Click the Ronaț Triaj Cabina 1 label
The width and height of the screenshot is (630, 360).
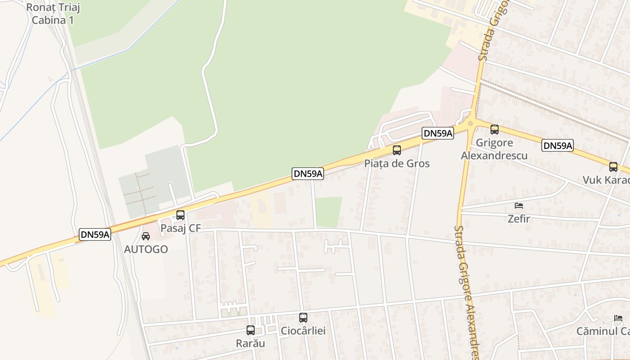[x=50, y=13]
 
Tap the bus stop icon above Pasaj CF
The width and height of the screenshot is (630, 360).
[x=180, y=215]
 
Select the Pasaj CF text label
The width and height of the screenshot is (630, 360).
[x=180, y=228]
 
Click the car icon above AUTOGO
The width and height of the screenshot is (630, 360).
[x=146, y=236]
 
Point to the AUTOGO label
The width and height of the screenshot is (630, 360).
[x=146, y=249]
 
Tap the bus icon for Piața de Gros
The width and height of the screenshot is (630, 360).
[x=397, y=150]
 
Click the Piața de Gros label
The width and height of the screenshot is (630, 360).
[x=397, y=163]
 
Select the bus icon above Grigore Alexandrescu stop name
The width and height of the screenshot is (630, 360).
[x=495, y=130]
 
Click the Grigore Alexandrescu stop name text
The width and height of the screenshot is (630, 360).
[x=494, y=149]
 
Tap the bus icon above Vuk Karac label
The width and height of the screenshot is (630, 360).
[x=613, y=167]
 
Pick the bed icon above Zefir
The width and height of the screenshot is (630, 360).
[x=519, y=206]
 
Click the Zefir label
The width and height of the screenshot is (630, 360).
[x=519, y=219]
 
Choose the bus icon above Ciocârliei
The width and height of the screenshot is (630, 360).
[x=303, y=318]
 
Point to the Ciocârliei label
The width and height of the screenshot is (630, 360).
[x=303, y=331]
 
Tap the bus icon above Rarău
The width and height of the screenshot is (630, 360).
[x=251, y=330]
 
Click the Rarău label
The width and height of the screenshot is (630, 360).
[x=251, y=343]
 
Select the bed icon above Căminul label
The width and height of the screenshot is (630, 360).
[x=618, y=318]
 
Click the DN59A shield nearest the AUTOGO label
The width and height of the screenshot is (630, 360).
[x=95, y=234]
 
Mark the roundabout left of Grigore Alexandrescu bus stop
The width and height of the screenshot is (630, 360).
[x=470, y=123]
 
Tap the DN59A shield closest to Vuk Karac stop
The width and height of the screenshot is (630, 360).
[x=558, y=145]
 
